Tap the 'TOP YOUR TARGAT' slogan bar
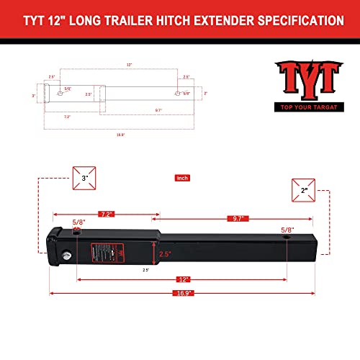coord(305,108)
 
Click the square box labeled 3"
coord(85,178)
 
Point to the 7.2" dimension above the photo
coord(107,215)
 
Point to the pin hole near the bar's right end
coord(287,238)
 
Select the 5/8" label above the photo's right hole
coord(287,228)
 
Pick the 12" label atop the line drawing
coord(130,65)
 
